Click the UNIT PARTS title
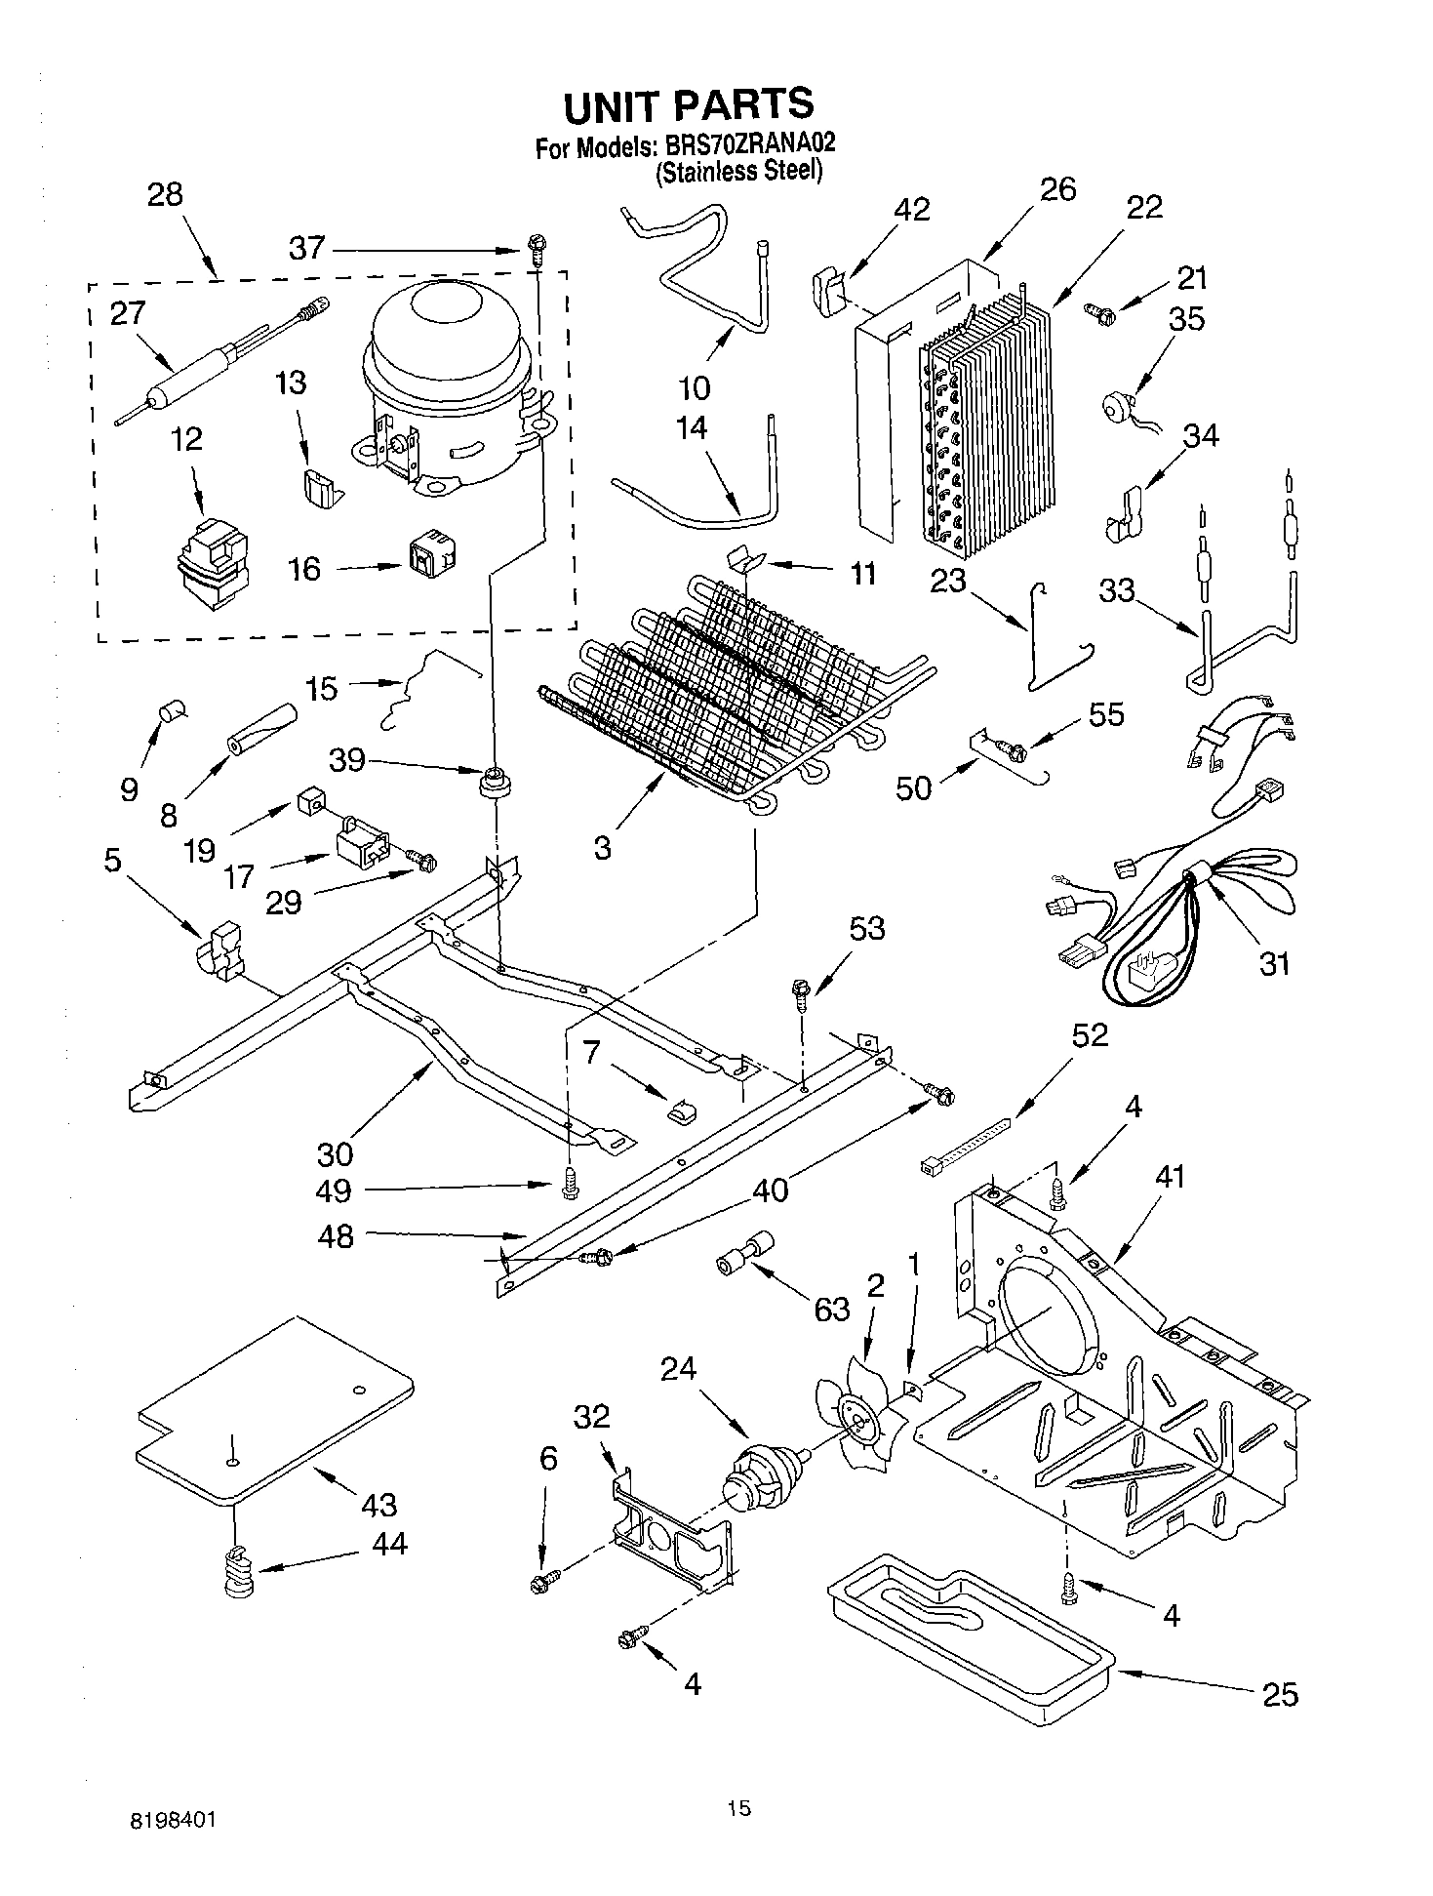(688, 104)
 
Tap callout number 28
(165, 194)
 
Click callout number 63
(831, 1309)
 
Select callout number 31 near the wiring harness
(1274, 963)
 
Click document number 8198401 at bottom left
(173, 1821)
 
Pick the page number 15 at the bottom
(738, 1809)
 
